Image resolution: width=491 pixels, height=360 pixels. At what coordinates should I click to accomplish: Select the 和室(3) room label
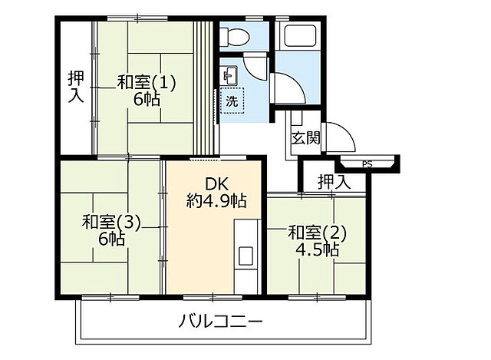tap(112, 223)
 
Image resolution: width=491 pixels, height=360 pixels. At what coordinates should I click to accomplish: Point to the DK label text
tap(216, 184)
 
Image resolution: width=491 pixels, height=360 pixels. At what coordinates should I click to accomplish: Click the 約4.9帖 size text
tap(216, 201)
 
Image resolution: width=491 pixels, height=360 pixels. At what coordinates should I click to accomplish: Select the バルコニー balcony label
tap(221, 321)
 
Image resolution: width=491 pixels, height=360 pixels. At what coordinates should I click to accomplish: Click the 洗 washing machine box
tap(231, 101)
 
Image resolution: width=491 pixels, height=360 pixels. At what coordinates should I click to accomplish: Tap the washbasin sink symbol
tap(229, 76)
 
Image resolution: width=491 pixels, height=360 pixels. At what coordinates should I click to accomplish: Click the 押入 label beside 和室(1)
tap(75, 85)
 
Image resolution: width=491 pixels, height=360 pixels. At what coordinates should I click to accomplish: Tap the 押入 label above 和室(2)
tap(333, 182)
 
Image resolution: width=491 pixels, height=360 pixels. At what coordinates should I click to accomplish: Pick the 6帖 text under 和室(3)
tap(111, 239)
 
